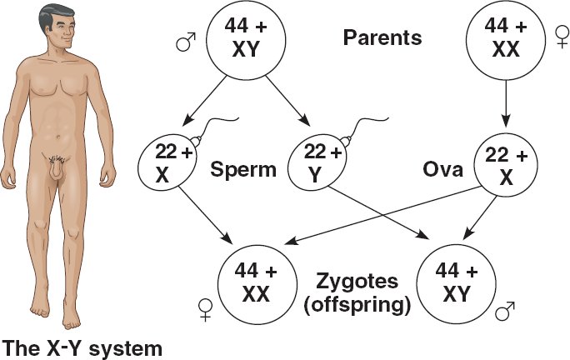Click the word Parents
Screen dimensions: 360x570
click(382, 38)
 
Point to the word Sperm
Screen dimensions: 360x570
click(244, 170)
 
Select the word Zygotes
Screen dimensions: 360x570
click(357, 282)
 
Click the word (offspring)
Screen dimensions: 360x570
click(357, 304)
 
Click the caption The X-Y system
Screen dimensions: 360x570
click(82, 345)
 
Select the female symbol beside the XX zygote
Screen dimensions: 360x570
click(203, 311)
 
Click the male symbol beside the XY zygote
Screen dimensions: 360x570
click(506, 312)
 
